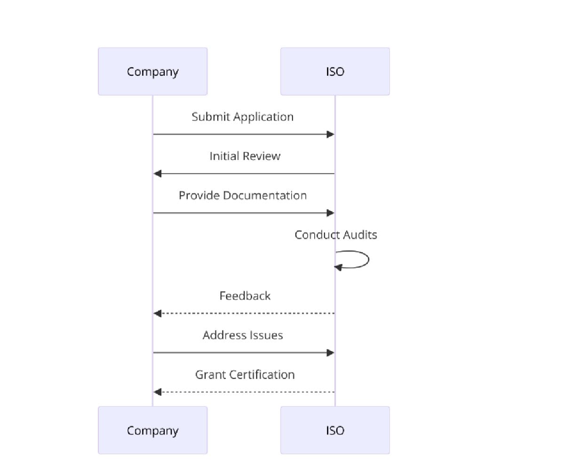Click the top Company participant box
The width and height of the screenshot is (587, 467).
point(152,72)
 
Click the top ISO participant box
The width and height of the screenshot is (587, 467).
point(335,72)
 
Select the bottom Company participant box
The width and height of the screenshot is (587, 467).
point(152,430)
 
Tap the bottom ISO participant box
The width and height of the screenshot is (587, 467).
point(335,430)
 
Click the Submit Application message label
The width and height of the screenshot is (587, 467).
point(242,117)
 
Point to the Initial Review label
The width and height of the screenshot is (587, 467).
point(245,156)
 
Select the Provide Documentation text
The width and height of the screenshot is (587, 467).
point(242,195)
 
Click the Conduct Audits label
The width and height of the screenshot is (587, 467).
point(335,234)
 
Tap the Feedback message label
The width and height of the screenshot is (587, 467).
point(245,296)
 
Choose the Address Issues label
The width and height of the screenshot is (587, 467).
point(242,335)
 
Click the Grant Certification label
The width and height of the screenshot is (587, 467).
point(245,375)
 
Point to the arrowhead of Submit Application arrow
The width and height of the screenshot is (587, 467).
point(331,135)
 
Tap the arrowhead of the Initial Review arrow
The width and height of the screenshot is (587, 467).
point(158,174)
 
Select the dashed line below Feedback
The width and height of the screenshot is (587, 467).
point(245,313)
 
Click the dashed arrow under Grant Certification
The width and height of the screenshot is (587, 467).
point(245,392)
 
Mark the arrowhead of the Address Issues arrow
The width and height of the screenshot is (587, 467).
point(331,353)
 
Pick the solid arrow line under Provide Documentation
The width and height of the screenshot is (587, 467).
point(242,213)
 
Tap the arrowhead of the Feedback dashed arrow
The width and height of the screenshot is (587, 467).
point(158,313)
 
